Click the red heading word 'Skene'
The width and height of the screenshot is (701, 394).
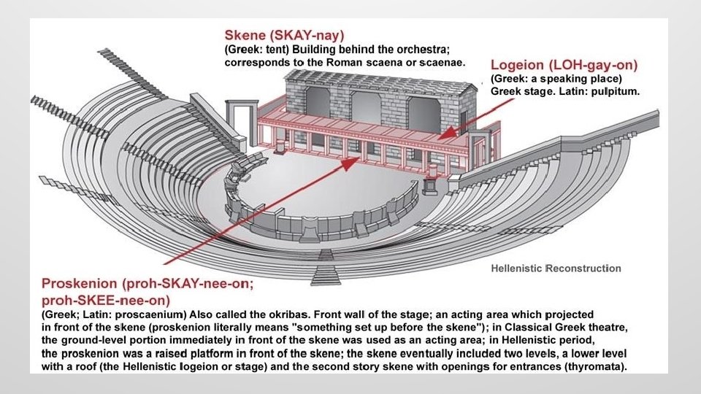click(x=247, y=35)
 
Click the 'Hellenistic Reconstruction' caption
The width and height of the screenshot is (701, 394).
click(x=555, y=269)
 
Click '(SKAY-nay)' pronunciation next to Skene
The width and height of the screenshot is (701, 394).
click(x=307, y=35)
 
